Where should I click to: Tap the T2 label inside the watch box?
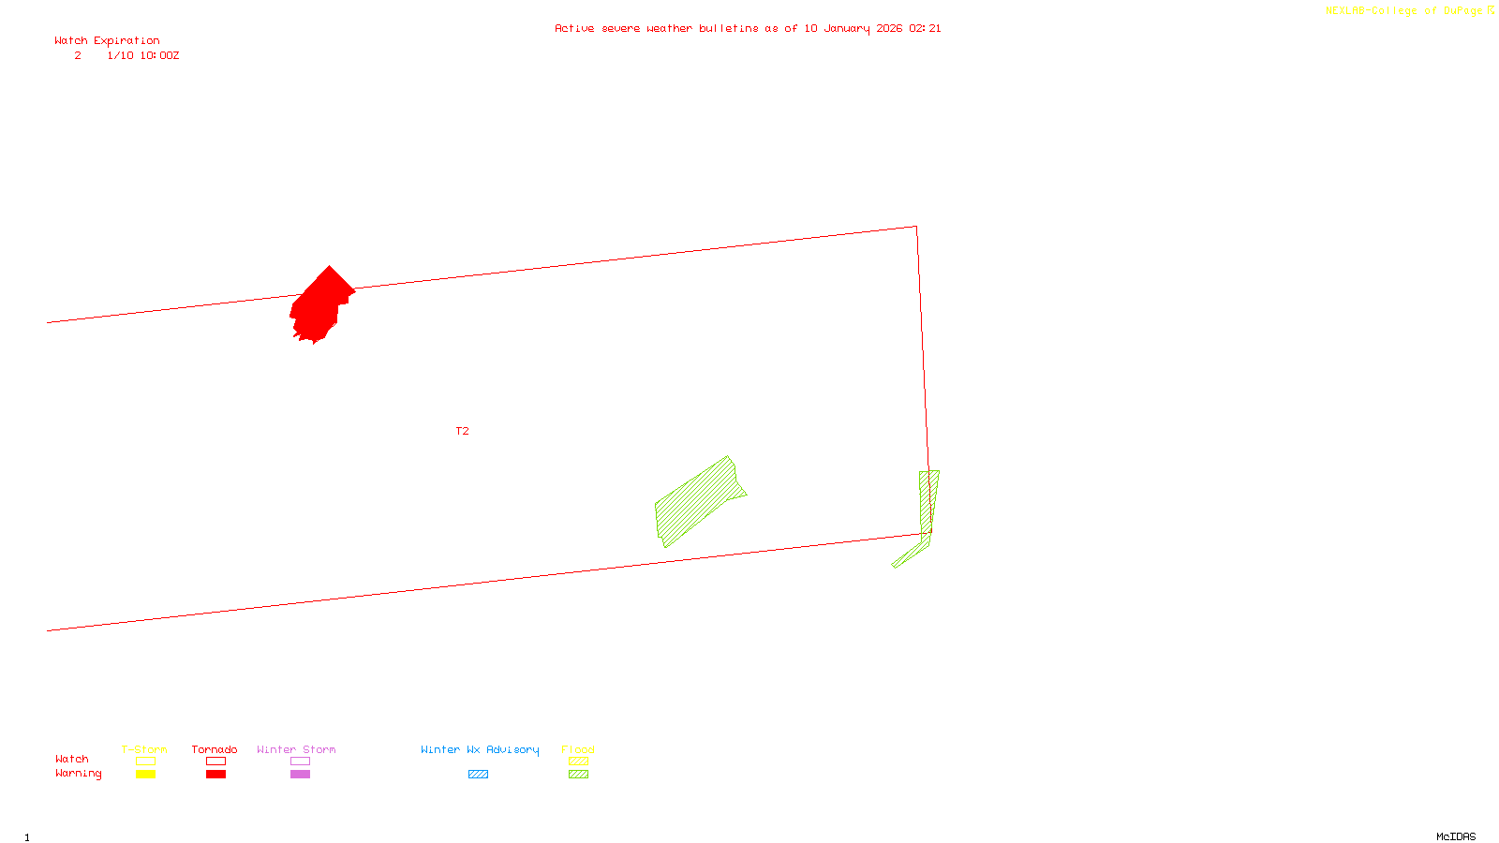pyautogui.click(x=462, y=431)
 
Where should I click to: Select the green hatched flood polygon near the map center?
pyautogui.click(x=697, y=501)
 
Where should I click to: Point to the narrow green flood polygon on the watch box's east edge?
pyautogui.click(x=928, y=506)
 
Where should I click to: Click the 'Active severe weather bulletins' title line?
pyautogui.click(x=748, y=28)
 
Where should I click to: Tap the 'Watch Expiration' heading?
pyautogui.click(x=107, y=40)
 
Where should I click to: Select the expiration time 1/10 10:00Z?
pyautogui.click(x=142, y=56)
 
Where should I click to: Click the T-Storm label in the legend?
pyautogui.click(x=144, y=749)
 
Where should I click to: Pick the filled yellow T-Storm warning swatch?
pyautogui.click(x=145, y=775)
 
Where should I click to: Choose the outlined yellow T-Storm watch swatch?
pyautogui.click(x=145, y=762)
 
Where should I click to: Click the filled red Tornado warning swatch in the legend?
pyautogui.click(x=215, y=775)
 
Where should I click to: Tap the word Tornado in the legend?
pyautogui.click(x=215, y=749)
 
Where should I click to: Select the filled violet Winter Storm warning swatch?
pyautogui.click(x=300, y=775)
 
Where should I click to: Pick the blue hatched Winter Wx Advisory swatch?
pyautogui.click(x=478, y=775)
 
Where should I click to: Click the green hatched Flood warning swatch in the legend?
pyautogui.click(x=579, y=775)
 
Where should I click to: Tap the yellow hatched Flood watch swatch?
pyautogui.click(x=579, y=762)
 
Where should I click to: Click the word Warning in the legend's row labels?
pyautogui.click(x=78, y=774)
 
